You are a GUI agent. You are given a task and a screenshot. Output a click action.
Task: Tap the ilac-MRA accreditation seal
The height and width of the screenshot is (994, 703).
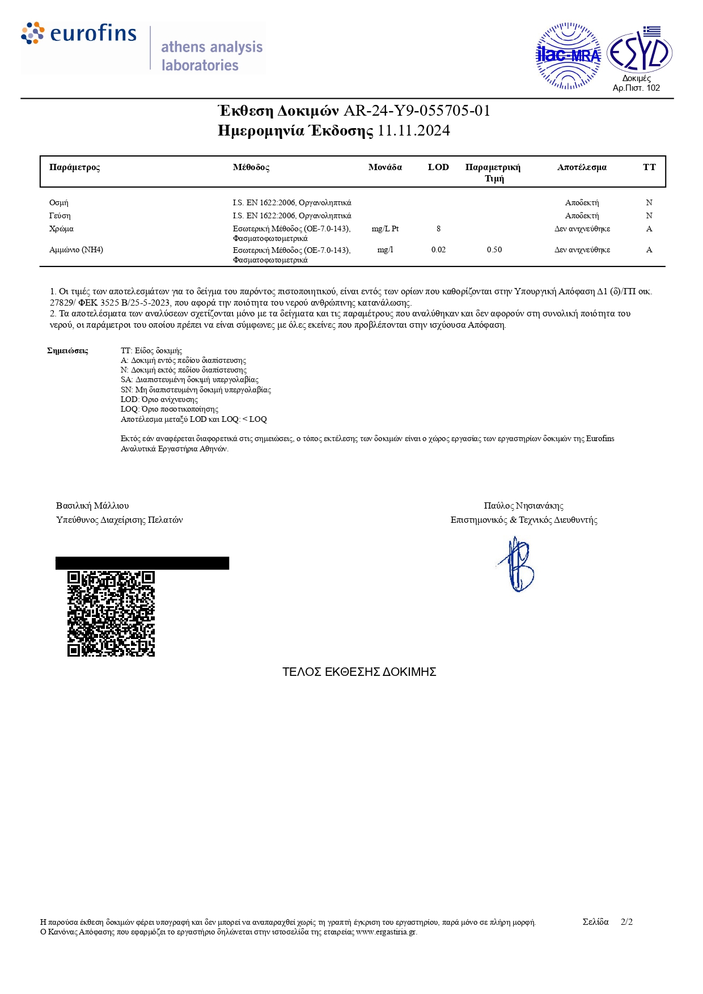[x=568, y=56]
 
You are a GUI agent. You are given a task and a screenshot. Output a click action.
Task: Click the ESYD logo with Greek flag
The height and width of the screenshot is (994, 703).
[x=640, y=52]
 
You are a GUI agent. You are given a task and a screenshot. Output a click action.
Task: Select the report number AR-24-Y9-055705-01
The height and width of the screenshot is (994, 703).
[x=417, y=111]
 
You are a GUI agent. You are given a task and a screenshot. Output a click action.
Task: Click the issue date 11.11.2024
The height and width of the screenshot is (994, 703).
[x=414, y=131]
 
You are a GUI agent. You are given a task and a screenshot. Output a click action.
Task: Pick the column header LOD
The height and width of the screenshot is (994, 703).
[x=438, y=167]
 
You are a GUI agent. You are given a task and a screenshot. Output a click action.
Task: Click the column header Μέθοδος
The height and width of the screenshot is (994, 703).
[x=251, y=167]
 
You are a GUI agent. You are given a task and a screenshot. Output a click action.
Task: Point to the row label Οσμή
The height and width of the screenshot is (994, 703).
[x=59, y=202]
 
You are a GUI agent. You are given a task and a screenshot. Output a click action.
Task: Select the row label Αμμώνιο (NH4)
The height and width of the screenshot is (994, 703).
[x=77, y=249]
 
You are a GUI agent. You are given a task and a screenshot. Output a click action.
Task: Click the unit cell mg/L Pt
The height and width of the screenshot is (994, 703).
[x=385, y=229]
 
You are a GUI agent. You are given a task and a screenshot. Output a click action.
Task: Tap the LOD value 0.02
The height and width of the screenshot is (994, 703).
[x=438, y=249]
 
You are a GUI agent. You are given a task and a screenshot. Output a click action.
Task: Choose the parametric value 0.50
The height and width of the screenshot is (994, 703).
[x=494, y=249]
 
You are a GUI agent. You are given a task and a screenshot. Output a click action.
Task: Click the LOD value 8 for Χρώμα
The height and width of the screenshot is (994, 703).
[x=438, y=229]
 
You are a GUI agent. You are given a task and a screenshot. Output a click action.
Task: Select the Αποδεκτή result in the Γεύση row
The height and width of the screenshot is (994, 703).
[x=582, y=216]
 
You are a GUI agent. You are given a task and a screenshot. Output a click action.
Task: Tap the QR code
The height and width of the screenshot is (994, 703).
[x=111, y=614]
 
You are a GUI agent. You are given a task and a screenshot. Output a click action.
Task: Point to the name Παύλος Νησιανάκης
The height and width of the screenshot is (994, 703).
[x=523, y=506]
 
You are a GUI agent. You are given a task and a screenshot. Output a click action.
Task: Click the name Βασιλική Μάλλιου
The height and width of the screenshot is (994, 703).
[x=92, y=506]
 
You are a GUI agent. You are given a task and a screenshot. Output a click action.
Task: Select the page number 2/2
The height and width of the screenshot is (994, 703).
[x=626, y=922]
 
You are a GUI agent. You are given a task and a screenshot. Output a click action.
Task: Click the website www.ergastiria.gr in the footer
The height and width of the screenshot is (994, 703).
[x=386, y=932]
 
